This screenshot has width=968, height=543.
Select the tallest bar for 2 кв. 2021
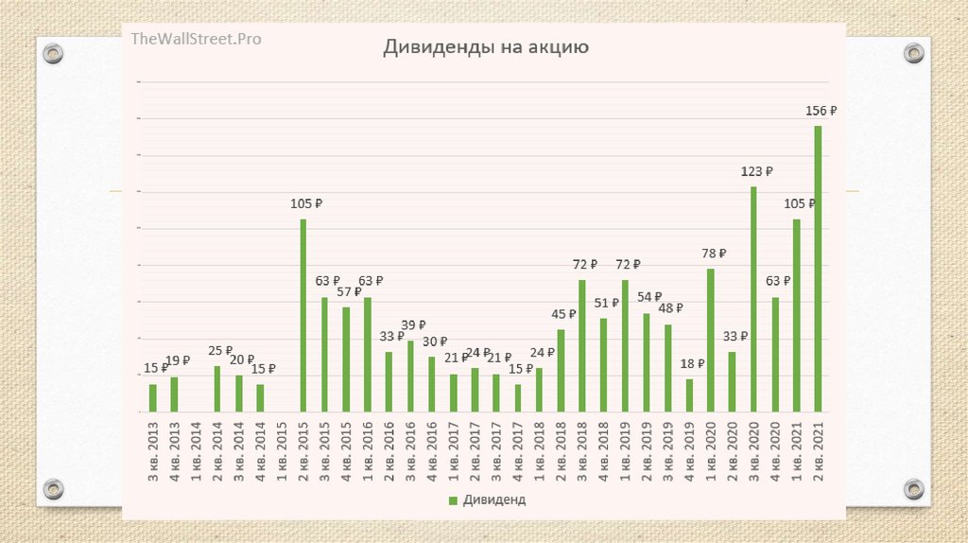point(818,269)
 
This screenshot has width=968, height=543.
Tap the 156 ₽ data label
point(821,111)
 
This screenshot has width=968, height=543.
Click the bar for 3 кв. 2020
point(753,299)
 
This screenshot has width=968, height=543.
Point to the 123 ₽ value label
point(756,171)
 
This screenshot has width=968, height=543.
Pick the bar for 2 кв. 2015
point(303,315)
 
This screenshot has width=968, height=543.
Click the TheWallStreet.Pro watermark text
point(197,39)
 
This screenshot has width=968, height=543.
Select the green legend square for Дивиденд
point(452,499)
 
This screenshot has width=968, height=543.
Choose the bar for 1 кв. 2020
point(710,340)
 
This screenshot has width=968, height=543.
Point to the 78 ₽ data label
point(714,254)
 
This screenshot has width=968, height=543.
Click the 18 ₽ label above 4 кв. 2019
point(693,363)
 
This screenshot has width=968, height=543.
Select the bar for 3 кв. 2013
point(152,397)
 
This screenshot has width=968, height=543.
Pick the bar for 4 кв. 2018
point(603,364)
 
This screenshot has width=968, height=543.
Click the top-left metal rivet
point(54,53)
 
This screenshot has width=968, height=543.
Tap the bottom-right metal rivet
point(913,489)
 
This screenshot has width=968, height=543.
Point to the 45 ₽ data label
point(563,314)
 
